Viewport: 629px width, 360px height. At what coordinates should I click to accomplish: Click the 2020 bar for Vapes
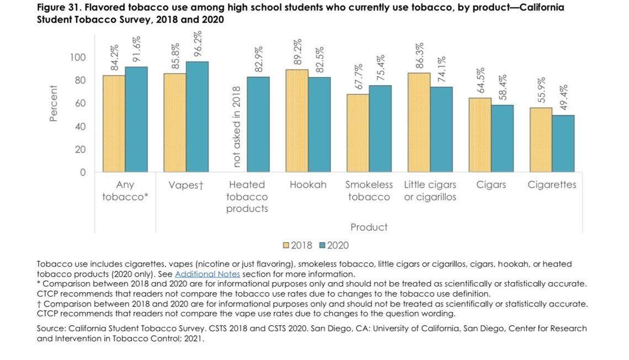click(197, 117)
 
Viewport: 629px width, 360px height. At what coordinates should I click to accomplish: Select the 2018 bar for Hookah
click(297, 121)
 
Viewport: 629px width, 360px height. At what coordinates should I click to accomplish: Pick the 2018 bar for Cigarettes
click(541, 140)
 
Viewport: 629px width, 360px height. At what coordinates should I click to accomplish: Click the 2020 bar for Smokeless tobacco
click(380, 129)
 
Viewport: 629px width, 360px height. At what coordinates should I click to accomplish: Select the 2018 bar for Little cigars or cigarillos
click(419, 123)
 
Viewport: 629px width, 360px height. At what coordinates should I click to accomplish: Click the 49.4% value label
click(564, 97)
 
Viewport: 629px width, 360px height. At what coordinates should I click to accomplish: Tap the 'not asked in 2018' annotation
click(237, 126)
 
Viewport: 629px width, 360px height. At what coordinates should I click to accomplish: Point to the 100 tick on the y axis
click(78, 57)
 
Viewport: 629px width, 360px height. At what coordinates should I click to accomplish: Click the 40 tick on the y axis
click(80, 126)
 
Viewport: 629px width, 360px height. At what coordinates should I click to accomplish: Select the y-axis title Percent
click(54, 103)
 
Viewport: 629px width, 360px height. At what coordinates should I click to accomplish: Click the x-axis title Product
click(369, 227)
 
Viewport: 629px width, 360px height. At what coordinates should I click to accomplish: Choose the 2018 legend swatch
click(286, 245)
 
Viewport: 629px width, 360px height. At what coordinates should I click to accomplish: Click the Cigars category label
click(491, 185)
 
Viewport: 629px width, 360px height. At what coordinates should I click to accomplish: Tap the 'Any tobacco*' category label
click(125, 191)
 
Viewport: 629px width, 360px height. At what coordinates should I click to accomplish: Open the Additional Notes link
click(207, 274)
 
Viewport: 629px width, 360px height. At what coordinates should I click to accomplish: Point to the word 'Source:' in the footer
click(51, 329)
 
